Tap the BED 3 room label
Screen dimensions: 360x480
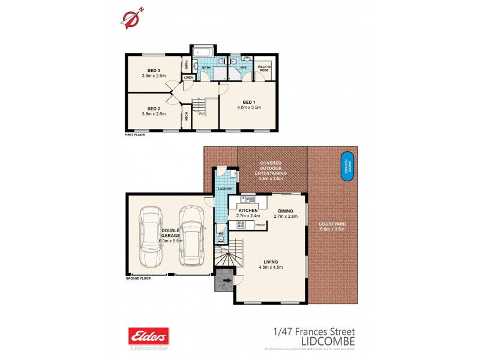coord(153,70)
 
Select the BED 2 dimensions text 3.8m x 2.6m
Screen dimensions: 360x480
coord(153,113)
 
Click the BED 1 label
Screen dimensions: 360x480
coord(248,102)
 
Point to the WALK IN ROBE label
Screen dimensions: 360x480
coord(263,69)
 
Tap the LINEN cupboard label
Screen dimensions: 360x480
coord(188,77)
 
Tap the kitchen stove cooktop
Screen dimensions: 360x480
coord(241,224)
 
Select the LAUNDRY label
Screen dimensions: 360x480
coord(225,189)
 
